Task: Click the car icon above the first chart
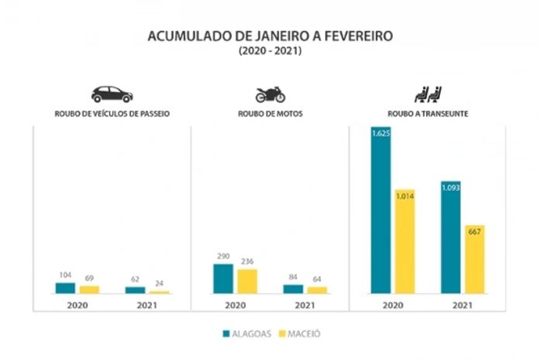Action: coord(112,94)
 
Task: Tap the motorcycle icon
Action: coord(270,94)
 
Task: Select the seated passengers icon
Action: coord(428,94)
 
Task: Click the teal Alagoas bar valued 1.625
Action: coord(380,210)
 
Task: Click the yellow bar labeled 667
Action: coord(475,259)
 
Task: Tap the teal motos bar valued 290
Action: coord(223,279)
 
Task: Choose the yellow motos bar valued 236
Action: coord(247,281)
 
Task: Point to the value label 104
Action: coord(65,276)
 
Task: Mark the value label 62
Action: coord(135,279)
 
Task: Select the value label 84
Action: coord(293,277)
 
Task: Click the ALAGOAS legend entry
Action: coord(246,334)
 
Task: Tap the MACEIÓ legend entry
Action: coord(298,334)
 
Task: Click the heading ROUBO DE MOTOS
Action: coord(270,114)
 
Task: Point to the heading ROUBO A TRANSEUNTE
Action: coord(428,114)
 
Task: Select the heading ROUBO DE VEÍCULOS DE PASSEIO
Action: coord(112,114)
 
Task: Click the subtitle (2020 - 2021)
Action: coord(270,50)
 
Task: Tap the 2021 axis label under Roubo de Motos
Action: coord(305,305)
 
